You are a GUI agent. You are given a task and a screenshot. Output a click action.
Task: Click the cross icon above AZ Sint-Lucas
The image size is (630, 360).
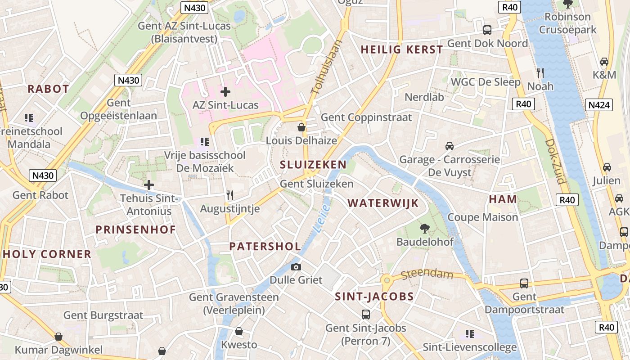[x=225, y=92]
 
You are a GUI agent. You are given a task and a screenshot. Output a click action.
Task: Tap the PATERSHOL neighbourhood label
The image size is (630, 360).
[x=265, y=246]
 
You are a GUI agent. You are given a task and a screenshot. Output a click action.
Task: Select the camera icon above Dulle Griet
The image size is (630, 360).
[x=296, y=267]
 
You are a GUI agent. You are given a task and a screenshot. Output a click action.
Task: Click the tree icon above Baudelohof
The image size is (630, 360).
[x=424, y=229]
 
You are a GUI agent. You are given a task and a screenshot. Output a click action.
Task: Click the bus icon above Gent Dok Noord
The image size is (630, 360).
[x=487, y=30]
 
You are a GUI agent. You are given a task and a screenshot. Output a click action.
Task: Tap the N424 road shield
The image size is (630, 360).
[x=600, y=105]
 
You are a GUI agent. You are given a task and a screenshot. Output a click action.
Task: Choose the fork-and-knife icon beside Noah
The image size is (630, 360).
[x=540, y=72]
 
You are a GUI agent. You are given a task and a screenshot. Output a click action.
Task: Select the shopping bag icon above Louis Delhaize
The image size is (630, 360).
[x=301, y=127]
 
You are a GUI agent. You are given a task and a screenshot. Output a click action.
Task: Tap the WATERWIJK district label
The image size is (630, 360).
[x=383, y=203]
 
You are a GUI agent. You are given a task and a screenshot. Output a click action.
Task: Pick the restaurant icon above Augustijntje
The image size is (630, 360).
[x=230, y=195]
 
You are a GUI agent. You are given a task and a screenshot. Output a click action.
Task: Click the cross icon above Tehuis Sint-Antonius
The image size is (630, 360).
[x=149, y=184]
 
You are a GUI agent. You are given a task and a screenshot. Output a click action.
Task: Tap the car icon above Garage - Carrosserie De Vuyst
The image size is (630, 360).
[x=449, y=146]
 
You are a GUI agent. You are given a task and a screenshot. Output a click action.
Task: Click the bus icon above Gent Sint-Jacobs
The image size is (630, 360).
[x=366, y=314]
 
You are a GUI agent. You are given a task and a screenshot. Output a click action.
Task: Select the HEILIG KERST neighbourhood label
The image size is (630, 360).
[x=402, y=49]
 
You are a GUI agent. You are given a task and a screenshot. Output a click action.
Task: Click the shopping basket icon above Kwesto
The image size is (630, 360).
[x=239, y=332]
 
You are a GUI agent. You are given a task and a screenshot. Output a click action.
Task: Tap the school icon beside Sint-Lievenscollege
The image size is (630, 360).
[x=470, y=334]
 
